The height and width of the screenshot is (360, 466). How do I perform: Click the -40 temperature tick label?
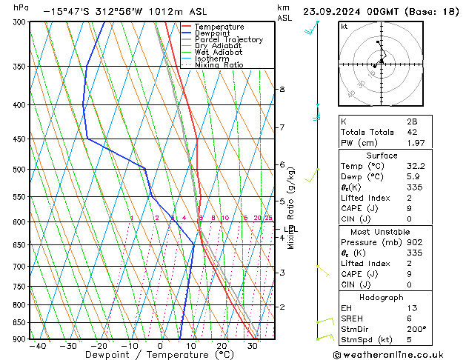pyautogui.click(x=37, y=346)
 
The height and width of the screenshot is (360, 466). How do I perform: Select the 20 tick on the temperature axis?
pyautogui.click(x=222, y=346)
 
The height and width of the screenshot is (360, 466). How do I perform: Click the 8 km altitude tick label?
pyautogui.click(x=282, y=90)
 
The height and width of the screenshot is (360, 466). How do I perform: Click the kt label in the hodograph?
pyautogui.click(x=344, y=26)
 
